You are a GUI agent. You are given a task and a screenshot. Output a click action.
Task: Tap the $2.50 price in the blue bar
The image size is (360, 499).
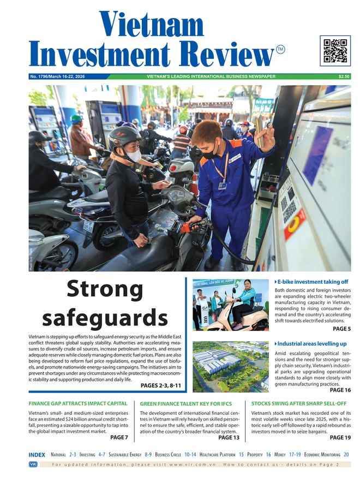coord(344,76)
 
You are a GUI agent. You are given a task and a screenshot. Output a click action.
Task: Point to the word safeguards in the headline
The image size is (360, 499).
coord(105,317)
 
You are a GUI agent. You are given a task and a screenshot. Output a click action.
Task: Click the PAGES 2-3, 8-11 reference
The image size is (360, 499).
coord(160,385)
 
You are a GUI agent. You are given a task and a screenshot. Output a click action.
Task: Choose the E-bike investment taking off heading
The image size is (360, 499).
coord(312,282)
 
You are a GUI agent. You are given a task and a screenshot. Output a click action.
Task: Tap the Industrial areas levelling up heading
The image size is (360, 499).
coord(311,343)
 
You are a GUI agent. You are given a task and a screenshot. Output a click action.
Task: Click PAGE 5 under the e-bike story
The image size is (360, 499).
coord(341,329)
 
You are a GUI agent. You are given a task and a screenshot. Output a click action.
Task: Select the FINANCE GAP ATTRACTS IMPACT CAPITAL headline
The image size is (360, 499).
coord(78,404)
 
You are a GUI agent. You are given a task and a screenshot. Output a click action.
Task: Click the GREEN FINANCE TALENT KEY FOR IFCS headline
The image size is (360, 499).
coord(185,404)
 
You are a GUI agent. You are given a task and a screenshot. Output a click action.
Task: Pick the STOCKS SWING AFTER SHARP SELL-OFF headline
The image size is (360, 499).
coord(298,404)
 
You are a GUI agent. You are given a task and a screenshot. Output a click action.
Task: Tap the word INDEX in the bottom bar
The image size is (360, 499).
coord(37,454)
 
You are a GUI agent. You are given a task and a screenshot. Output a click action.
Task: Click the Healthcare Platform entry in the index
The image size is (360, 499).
coord(218,454)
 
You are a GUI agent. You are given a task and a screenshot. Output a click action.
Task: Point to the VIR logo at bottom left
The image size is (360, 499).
coord(33,464)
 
